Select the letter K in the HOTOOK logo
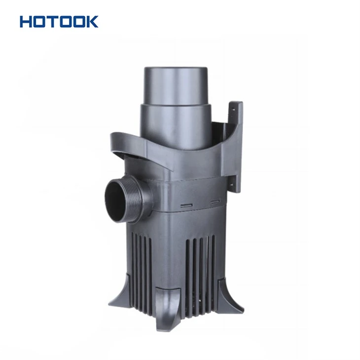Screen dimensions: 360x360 (92, 22)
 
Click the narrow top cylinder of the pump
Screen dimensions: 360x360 (176, 86)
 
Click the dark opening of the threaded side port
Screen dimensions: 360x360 (115, 201)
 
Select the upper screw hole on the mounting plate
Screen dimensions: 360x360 (233, 110)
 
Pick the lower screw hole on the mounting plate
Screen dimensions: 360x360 (232, 184)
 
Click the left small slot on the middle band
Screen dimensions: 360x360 (186, 205)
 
